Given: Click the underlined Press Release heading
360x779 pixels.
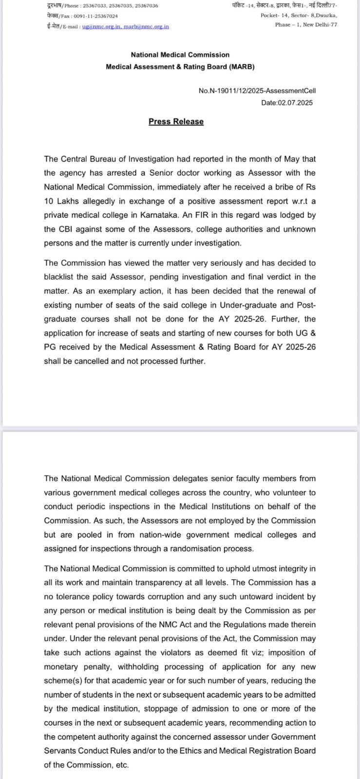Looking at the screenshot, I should coord(176,122).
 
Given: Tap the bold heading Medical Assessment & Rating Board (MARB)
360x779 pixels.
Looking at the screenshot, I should coord(180,67).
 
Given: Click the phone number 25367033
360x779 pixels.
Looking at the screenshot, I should coord(92,6).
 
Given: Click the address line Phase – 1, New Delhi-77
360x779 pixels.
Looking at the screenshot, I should coord(306,25).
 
